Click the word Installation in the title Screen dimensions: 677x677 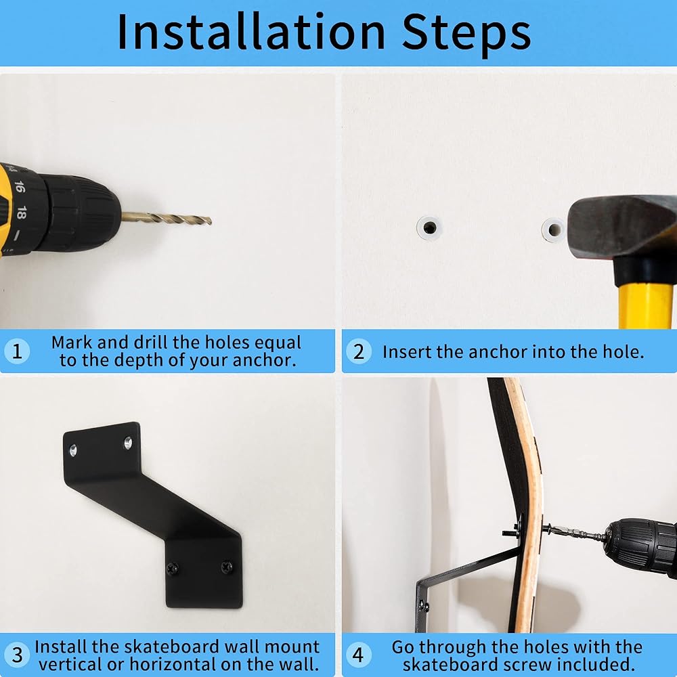[251, 32]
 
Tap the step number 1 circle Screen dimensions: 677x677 [17, 351]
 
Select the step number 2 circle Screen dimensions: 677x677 [358, 352]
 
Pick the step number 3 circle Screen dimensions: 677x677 [17, 655]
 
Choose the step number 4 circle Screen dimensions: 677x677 [358, 655]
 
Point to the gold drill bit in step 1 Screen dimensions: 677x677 [167, 219]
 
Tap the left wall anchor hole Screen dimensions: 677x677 [429, 227]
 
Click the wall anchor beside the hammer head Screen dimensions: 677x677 [554, 230]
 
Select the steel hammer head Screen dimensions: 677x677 [621, 229]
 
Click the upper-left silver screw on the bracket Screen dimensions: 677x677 [73, 451]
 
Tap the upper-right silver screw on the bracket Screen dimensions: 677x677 [128, 443]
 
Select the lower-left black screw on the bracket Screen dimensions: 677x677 [173, 569]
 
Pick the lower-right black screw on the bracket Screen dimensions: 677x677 [227, 567]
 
